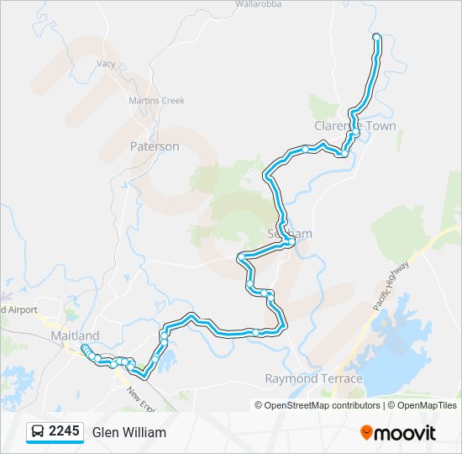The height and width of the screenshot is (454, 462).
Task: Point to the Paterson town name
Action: click(x=155, y=146)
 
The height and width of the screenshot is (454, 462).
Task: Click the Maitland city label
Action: click(x=75, y=335)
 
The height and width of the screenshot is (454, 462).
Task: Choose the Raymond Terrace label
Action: click(x=313, y=379)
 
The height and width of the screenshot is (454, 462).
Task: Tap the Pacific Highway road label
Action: click(x=391, y=286)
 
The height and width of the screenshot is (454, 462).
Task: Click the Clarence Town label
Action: click(x=354, y=126)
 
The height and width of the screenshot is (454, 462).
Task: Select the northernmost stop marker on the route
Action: click(x=376, y=36)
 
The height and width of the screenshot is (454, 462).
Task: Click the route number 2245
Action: click(x=64, y=431)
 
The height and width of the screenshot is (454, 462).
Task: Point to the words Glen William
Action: click(x=129, y=432)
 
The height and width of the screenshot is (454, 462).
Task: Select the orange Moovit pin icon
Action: click(x=367, y=433)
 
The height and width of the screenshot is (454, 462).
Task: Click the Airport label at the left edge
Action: click(x=19, y=309)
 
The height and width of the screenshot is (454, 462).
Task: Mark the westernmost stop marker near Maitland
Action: click(x=85, y=348)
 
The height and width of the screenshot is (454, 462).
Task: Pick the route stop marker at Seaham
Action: click(x=289, y=242)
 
